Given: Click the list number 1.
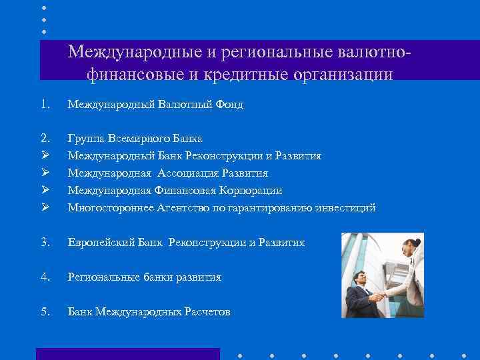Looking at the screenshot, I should pyautogui.click(x=45, y=104).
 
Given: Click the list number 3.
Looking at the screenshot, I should pyautogui.click(x=45, y=243).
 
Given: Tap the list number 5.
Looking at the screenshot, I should pyautogui.click(x=45, y=311).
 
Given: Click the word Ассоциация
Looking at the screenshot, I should pyautogui.click(x=192, y=173).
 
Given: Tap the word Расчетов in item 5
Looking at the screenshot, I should pyautogui.click(x=207, y=311).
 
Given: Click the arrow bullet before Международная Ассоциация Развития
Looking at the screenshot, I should pyautogui.click(x=45, y=173).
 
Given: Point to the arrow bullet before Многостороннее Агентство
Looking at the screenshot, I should pyautogui.click(x=45, y=208).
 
